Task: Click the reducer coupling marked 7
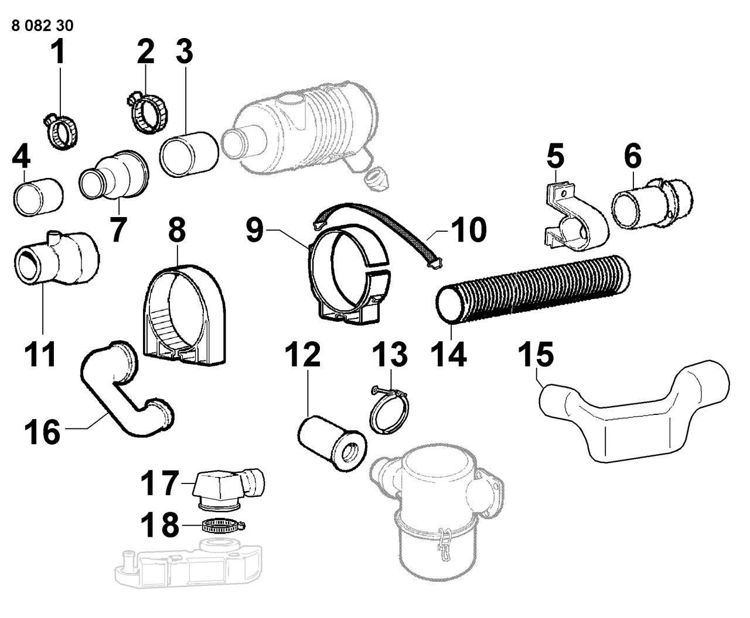(114, 176)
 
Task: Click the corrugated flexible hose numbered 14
(533, 290)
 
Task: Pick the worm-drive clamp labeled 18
(219, 526)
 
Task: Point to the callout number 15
(536, 355)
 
